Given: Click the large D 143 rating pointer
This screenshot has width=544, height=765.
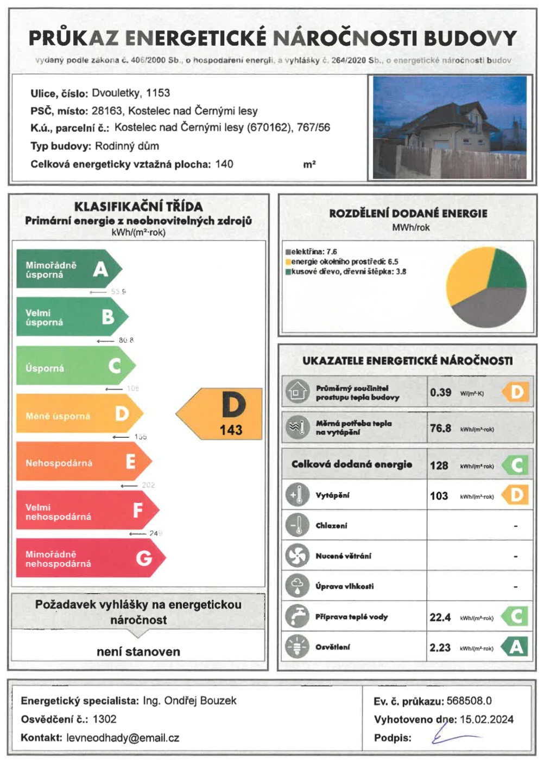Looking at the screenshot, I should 223,413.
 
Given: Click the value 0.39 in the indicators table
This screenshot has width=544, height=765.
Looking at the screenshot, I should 440,392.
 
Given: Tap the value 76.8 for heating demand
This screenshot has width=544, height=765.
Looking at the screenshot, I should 440,429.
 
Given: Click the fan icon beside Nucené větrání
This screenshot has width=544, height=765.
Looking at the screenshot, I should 297,556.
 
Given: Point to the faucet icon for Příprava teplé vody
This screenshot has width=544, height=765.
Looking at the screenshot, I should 297,616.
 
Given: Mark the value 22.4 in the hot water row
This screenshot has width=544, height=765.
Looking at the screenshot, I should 440,617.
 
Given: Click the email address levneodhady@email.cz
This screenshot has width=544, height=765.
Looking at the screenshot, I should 123,738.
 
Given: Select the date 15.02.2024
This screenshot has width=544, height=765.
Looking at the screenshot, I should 486,719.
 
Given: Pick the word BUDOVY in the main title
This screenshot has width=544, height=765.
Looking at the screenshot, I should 470,39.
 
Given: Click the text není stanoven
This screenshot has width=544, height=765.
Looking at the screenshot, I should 138,652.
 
